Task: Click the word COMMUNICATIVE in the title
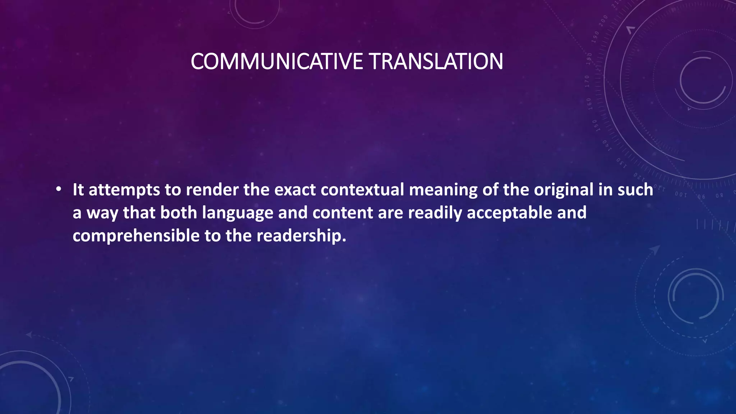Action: coord(277,61)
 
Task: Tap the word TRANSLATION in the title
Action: coord(436,61)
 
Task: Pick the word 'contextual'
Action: coord(362,190)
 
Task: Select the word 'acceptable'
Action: coord(509,213)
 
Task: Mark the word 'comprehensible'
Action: coord(136,236)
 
